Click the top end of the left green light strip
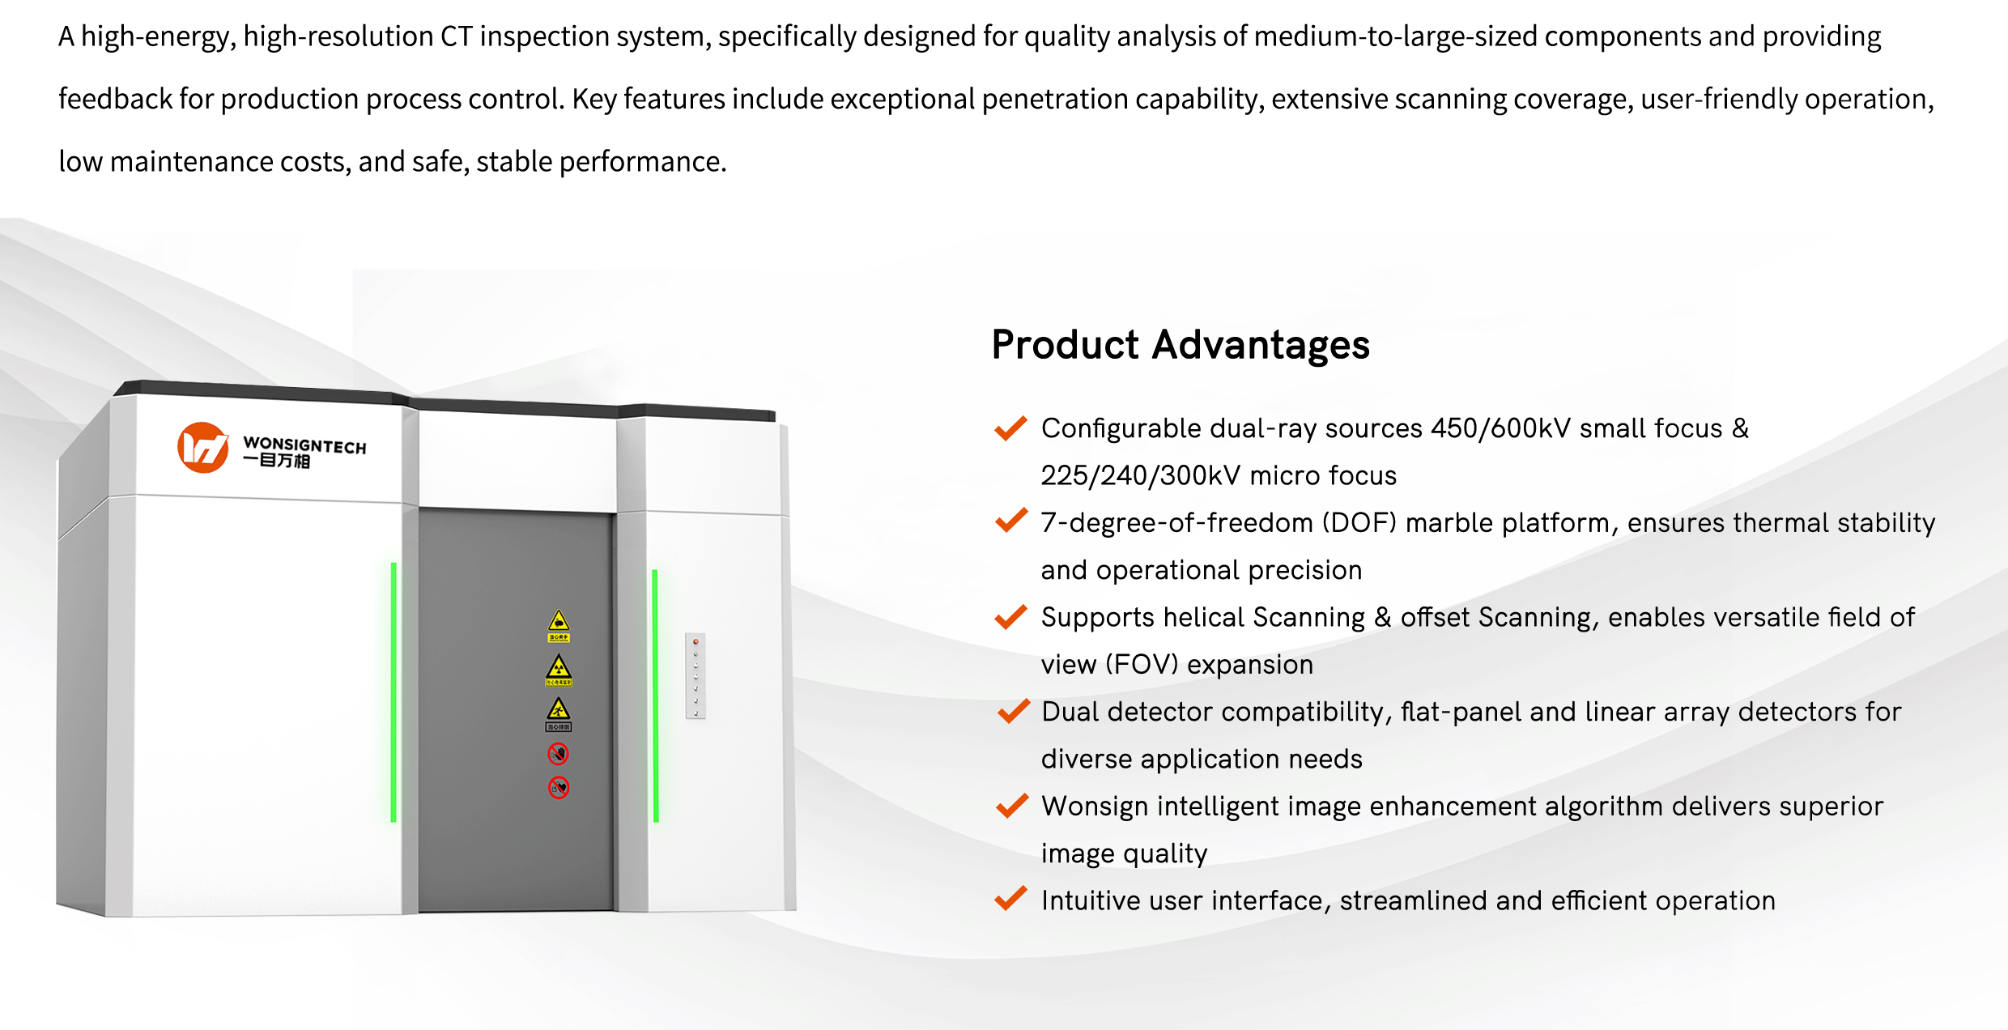[394, 564]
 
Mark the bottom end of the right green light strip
[656, 821]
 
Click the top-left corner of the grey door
[419, 509]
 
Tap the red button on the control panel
[696, 642]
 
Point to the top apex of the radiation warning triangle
[559, 656]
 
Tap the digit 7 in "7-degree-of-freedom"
[1049, 523]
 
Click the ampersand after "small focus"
[1740, 428]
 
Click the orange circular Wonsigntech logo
[202, 447]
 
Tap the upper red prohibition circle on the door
[559, 754]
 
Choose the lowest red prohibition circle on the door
[559, 787]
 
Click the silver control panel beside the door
[696, 676]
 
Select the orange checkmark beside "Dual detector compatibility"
[1013, 711]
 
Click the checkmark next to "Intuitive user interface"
[1011, 899]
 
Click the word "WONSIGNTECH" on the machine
[304, 445]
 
